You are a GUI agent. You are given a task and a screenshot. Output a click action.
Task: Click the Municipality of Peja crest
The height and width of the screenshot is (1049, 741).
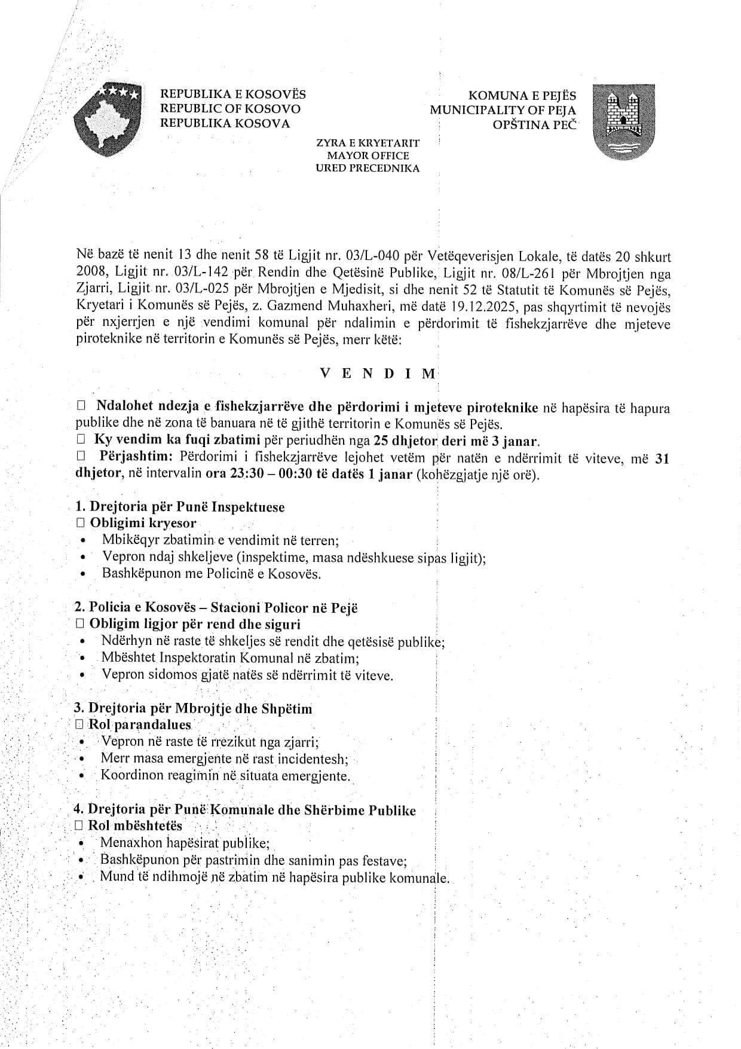click(623, 122)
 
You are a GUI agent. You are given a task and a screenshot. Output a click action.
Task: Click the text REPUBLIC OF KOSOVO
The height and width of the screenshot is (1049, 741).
click(230, 109)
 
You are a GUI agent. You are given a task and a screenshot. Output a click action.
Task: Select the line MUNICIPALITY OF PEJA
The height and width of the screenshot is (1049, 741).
click(503, 110)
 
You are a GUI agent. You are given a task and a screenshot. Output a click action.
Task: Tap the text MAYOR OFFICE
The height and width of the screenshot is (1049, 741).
click(368, 155)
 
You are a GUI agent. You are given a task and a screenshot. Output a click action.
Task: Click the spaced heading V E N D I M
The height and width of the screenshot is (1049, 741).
click(378, 374)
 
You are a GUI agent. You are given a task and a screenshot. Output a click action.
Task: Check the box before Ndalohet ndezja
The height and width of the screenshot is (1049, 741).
click(81, 406)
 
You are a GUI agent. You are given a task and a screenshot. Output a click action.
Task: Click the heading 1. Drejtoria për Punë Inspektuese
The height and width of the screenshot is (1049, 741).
click(180, 507)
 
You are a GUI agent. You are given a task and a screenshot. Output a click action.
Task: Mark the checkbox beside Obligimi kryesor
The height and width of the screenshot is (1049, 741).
click(81, 523)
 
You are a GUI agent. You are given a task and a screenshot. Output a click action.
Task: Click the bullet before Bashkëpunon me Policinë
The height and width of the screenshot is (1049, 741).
click(83, 574)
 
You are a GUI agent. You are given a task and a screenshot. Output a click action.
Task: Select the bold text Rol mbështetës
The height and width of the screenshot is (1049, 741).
click(135, 826)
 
